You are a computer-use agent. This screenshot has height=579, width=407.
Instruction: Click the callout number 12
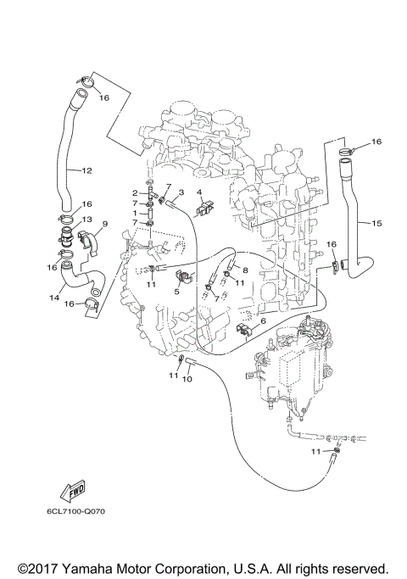coord(86,171)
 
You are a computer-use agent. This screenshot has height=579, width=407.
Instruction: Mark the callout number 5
coord(177,290)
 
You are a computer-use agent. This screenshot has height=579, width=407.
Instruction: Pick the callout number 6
coord(263,322)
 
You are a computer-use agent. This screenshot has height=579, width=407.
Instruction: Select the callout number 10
coord(187,378)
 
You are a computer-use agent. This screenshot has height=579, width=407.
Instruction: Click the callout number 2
coord(135,193)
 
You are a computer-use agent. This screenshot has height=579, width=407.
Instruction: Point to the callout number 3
coord(180,193)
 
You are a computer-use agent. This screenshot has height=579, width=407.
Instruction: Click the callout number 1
coord(135,214)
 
